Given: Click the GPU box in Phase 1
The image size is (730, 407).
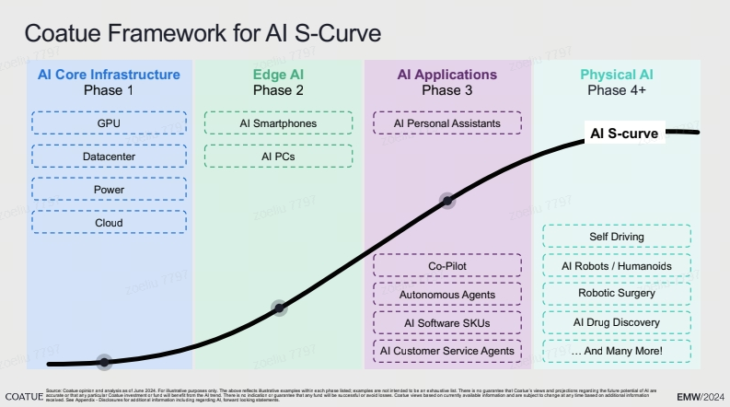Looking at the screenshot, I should tap(109, 122).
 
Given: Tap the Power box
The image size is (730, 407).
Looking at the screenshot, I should tap(109, 190).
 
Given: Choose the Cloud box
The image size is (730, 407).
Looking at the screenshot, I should tap(109, 223).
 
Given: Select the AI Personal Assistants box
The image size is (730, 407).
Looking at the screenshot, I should tap(446, 122).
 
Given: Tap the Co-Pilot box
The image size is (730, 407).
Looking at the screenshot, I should tap(446, 267).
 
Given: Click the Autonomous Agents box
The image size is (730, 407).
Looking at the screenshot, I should tap(446, 295).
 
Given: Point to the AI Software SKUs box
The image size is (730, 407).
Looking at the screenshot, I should tap(446, 323).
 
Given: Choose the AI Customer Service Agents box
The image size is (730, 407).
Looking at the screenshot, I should tap(446, 351).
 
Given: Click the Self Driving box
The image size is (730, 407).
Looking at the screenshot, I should tap(616, 237).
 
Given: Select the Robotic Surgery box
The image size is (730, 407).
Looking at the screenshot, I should tap(616, 294).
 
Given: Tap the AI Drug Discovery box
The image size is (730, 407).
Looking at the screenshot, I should tap(616, 322).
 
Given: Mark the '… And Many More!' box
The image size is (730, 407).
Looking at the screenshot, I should tap(616, 351).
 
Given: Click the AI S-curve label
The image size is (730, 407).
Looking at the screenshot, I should tap(623, 134).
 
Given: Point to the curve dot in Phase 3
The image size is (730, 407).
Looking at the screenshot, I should tap(447, 199).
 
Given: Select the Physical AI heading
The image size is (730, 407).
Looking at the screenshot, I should tap(617, 75).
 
